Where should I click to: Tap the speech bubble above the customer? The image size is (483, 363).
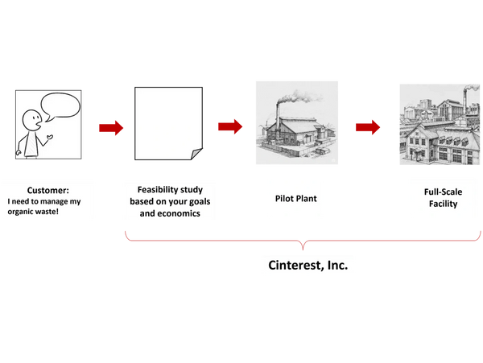point(61,106)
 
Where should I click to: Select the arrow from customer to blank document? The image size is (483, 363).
point(110,127)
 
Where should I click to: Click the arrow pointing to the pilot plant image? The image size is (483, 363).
point(229,126)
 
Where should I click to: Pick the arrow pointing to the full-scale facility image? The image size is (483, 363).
point(368,126)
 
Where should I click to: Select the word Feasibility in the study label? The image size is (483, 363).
point(151,188)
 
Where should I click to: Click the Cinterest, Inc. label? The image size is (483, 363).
point(308,264)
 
